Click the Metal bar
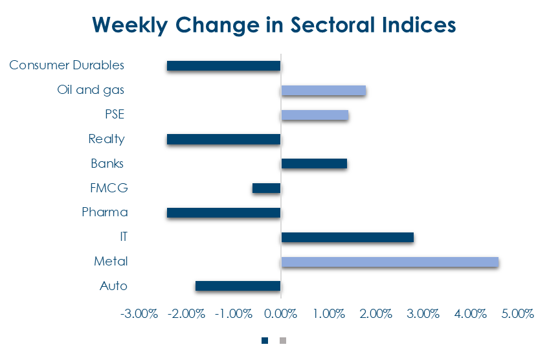coord(390,262)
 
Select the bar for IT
coord(347,238)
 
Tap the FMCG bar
coord(266,188)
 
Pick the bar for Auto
coord(238,286)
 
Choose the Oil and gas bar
coord(323,91)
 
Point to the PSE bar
coord(315,115)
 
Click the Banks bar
coord(314,164)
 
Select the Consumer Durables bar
coord(223,65)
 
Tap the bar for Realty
coord(223,139)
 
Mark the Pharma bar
coord(223,212)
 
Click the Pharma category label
coord(104,212)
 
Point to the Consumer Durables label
coord(67,65)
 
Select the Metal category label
coord(111,262)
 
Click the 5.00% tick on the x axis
coord(517,314)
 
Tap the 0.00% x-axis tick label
coord(280,314)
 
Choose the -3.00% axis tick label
coord(139,314)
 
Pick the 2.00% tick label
coord(375,314)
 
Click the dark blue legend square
coord(265,340)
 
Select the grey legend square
coord(282,340)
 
